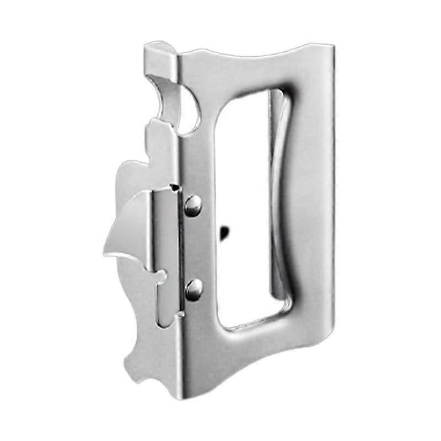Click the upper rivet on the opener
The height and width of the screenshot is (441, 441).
point(193,205)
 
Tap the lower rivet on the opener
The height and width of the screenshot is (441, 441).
point(193,289)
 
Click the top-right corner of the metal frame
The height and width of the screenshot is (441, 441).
point(331,46)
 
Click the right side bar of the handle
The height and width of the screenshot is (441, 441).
point(311,204)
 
